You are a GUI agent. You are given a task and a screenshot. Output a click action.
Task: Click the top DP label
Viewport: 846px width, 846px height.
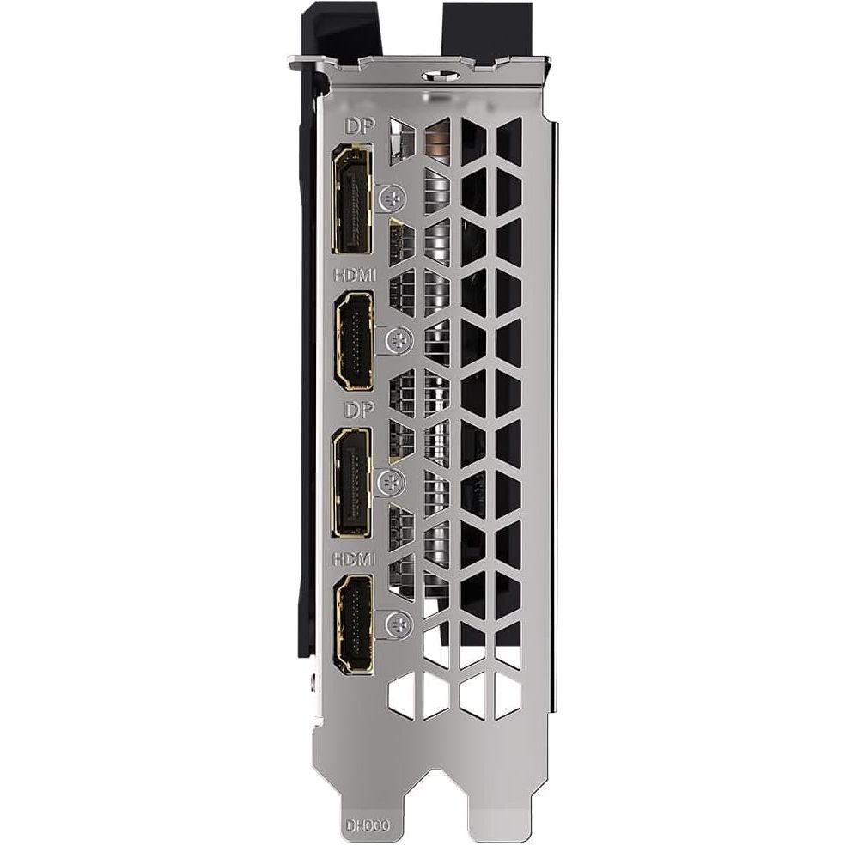click(360, 126)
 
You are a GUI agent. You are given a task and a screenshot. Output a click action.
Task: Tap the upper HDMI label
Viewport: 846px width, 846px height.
click(355, 275)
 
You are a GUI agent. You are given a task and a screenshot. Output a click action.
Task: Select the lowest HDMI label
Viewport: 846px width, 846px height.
click(354, 559)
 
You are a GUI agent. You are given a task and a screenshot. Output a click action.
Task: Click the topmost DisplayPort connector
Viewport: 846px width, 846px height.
click(353, 199)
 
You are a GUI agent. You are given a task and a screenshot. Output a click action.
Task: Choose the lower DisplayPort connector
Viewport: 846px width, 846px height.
click(352, 483)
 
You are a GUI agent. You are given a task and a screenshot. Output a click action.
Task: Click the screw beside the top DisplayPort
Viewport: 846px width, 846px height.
click(393, 198)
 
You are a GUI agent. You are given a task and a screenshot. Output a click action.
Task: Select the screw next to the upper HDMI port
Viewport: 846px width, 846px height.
click(399, 340)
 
